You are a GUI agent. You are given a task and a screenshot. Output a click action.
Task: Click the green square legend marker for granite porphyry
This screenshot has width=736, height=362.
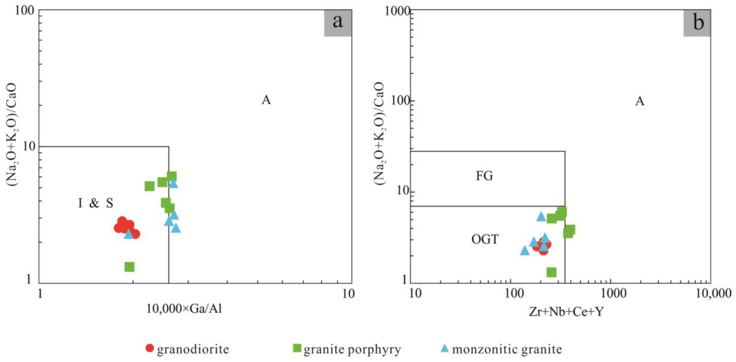tap(297, 348)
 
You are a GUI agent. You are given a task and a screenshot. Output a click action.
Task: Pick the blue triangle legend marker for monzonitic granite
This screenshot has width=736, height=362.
tap(445, 348)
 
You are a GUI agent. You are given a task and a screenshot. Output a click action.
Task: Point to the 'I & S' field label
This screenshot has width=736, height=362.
tap(96, 203)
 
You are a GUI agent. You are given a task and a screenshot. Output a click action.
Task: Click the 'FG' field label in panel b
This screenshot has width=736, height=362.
tap(484, 176)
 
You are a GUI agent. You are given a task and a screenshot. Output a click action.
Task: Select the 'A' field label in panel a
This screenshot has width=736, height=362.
tap(266, 100)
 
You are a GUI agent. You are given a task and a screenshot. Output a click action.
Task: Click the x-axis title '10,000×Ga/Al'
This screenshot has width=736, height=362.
tap(184, 309)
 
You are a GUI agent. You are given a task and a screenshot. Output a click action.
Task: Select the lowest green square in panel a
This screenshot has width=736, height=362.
tap(129, 267)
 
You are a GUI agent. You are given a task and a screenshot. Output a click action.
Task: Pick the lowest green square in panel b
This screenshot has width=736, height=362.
tap(551, 272)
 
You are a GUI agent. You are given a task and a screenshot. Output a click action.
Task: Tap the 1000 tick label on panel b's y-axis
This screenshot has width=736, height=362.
tap(397, 11)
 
